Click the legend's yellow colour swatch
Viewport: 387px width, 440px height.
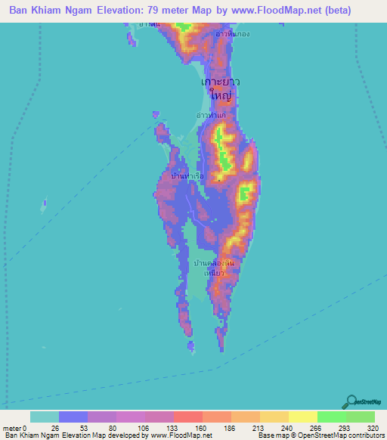tap(302, 417)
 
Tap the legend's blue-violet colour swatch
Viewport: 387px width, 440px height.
tap(73, 417)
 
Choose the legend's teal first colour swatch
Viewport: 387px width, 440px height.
tap(45, 417)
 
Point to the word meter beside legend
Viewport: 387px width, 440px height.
tap(12, 427)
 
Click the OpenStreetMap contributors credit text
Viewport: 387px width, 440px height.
tap(333, 435)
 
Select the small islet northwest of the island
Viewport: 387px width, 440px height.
tap(156, 115)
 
